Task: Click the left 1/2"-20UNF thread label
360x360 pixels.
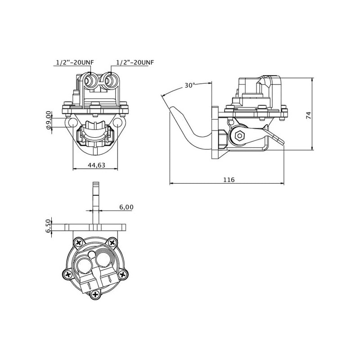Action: [x=75, y=62]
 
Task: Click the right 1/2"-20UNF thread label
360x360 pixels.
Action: [x=135, y=62]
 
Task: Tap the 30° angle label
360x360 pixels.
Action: [x=190, y=85]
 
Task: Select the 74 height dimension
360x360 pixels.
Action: [x=309, y=115]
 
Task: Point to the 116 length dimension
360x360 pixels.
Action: [x=229, y=180]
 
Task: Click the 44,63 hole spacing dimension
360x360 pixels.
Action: [x=96, y=165]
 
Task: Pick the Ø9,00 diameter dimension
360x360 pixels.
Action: [x=49, y=121]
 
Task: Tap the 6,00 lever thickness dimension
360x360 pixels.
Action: [x=126, y=207]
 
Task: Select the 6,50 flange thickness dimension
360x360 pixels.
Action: [x=49, y=226]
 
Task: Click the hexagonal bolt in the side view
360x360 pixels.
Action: [x=239, y=136]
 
